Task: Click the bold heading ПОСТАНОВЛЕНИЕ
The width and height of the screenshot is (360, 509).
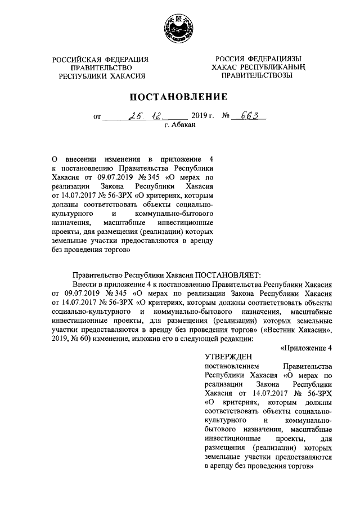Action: click(x=179, y=97)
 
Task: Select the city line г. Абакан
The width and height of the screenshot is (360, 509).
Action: click(x=180, y=127)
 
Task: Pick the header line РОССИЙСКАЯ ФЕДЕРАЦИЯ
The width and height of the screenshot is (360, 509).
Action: click(x=101, y=60)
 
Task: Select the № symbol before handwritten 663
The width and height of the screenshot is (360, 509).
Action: click(x=227, y=118)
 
